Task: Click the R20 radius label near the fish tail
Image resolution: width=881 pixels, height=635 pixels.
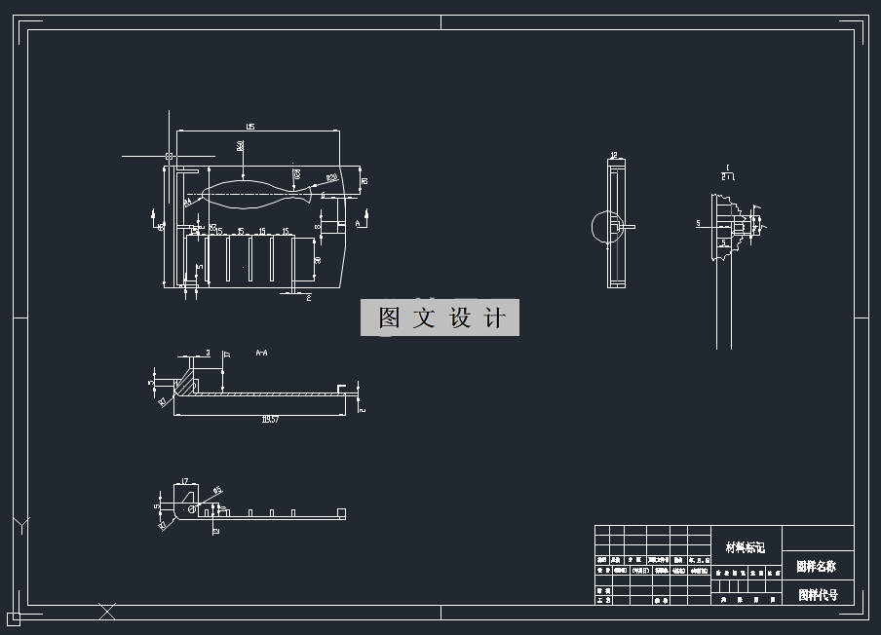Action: pyautogui.click(x=331, y=178)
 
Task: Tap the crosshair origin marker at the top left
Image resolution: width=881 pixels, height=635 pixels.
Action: pyautogui.click(x=171, y=156)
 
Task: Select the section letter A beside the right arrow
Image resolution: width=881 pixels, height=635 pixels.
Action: pyautogui.click(x=358, y=224)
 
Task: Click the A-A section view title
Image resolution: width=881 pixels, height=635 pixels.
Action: pyautogui.click(x=261, y=352)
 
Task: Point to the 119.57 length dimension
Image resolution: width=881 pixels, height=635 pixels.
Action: pyautogui.click(x=270, y=420)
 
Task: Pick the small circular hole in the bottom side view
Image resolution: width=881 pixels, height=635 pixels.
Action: pyautogui.click(x=192, y=508)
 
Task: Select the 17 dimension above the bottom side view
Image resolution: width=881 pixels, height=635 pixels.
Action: pyautogui.click(x=184, y=481)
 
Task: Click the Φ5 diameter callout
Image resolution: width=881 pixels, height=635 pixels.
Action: pyautogui.click(x=217, y=490)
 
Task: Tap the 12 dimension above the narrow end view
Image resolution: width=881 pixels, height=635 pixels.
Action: pyautogui.click(x=614, y=156)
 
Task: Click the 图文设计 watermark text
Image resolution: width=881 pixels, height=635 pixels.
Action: pyautogui.click(x=440, y=318)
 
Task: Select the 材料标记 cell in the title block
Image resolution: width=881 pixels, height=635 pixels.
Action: pyautogui.click(x=746, y=548)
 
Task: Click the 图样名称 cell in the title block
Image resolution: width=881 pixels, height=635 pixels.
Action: pyautogui.click(x=817, y=566)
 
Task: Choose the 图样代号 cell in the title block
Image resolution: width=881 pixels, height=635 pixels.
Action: pyautogui.click(x=817, y=594)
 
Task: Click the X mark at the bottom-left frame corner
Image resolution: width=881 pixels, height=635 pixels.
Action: pyautogui.click(x=107, y=611)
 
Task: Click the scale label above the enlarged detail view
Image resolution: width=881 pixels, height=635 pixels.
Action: pyautogui.click(x=727, y=172)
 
